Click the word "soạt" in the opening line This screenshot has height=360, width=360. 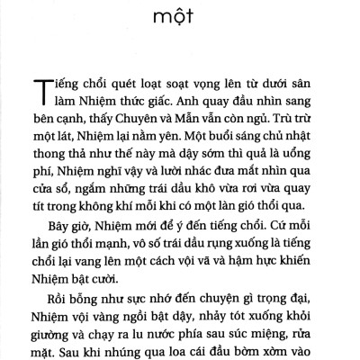pyautogui.click(x=183, y=85)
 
